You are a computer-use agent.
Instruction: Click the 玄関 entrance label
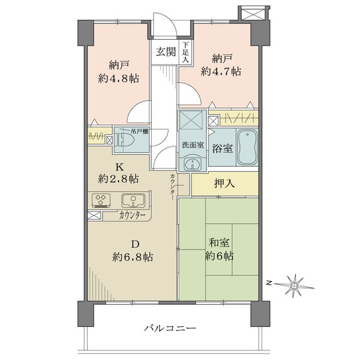pos(166,52)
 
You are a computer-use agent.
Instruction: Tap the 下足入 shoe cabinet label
pos(185,52)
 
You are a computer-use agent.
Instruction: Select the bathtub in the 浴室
pos(247,147)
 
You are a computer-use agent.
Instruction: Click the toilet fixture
pos(122,140)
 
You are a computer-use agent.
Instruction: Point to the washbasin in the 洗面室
pos(193,164)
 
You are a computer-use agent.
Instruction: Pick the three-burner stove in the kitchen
pos(101,200)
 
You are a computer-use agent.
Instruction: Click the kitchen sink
pos(133,200)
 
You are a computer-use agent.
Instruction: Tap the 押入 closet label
pos(224,184)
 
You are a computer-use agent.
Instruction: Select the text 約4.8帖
pos(119,79)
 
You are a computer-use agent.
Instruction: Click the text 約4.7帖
pos(221,71)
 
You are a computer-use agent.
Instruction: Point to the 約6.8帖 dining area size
pos(133,257)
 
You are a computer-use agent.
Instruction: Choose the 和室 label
pos(219,242)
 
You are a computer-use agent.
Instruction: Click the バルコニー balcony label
pos(170,328)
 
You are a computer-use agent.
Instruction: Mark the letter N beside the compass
pos(268,283)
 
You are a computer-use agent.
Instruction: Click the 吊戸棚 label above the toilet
pos(139,131)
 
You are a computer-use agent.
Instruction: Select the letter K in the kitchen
pos(119,167)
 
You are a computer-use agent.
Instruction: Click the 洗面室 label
pos(193,145)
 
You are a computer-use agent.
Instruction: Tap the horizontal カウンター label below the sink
pos(133,215)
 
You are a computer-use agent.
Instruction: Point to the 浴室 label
pos(222,149)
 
